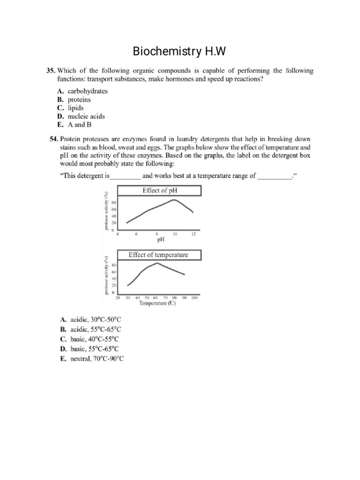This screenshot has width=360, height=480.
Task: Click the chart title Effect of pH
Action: (159, 190)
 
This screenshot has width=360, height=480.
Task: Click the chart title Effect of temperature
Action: (158, 255)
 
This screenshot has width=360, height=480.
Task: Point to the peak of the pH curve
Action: (174, 200)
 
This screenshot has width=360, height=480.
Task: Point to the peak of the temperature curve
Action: (157, 263)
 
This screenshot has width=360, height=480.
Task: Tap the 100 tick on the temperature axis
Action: (195, 297)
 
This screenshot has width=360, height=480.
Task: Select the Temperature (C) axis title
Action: (157, 303)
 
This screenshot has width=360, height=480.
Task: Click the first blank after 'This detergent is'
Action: (125, 176)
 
